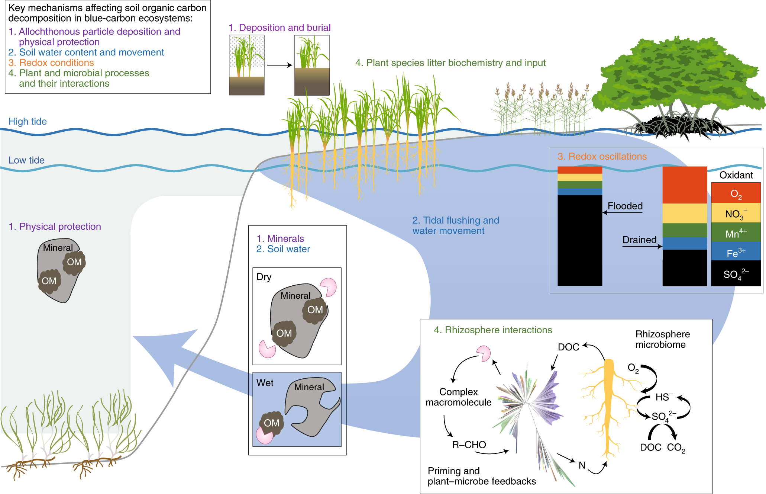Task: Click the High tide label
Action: [28, 122]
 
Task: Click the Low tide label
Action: [26, 160]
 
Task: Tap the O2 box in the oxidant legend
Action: [736, 193]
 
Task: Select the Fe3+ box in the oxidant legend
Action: [736, 252]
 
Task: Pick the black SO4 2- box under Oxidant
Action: [736, 274]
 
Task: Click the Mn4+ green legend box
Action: [736, 233]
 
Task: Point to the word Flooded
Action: [625, 206]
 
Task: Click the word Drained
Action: [639, 240]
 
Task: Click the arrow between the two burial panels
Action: [279, 65]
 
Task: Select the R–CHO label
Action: [469, 445]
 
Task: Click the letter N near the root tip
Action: [582, 465]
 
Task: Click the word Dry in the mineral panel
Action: [264, 277]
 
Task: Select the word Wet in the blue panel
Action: [265, 383]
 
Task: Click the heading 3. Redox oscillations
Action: [602, 157]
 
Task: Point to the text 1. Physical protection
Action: [55, 227]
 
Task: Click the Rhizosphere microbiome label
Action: [662, 339]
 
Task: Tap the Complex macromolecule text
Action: [458, 397]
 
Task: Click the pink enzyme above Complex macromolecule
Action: [484, 353]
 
